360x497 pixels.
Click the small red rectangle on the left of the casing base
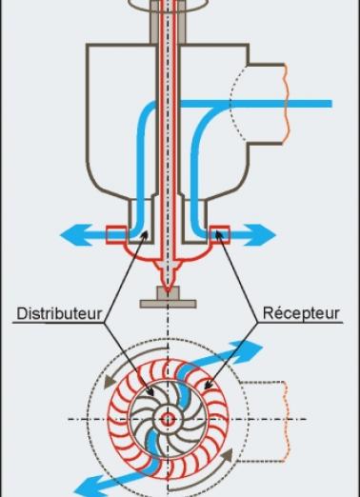click(116, 231)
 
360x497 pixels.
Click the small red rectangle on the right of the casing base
click(221, 231)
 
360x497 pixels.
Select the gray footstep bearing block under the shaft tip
click(168, 303)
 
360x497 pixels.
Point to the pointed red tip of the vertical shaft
click(168, 288)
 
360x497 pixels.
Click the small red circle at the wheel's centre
click(168, 419)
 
